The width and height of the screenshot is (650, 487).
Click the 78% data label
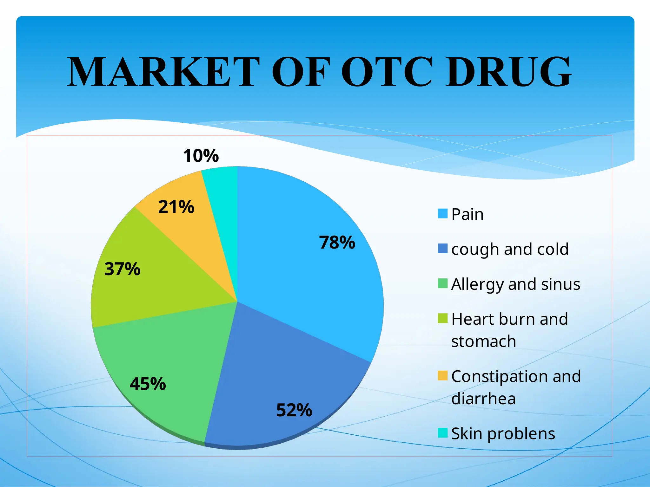pos(337,243)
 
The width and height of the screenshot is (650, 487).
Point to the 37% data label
pos(122,269)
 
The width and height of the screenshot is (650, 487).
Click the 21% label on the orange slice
pos(176,207)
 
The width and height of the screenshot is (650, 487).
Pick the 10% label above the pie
pos(201,156)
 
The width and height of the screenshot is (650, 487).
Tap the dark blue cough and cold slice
pos(279,374)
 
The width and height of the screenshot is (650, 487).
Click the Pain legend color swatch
pos(442,213)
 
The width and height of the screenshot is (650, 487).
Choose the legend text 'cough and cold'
pos(510,249)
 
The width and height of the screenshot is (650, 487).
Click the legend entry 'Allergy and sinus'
pos(515,284)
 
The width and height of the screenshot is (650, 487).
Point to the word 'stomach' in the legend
pos(483,341)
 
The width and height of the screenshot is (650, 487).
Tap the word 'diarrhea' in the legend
pos(483,398)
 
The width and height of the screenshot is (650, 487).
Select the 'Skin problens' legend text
pos(503,433)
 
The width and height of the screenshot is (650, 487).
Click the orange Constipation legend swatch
pos(442,375)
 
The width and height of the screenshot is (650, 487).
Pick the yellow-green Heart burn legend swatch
pos(442,318)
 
